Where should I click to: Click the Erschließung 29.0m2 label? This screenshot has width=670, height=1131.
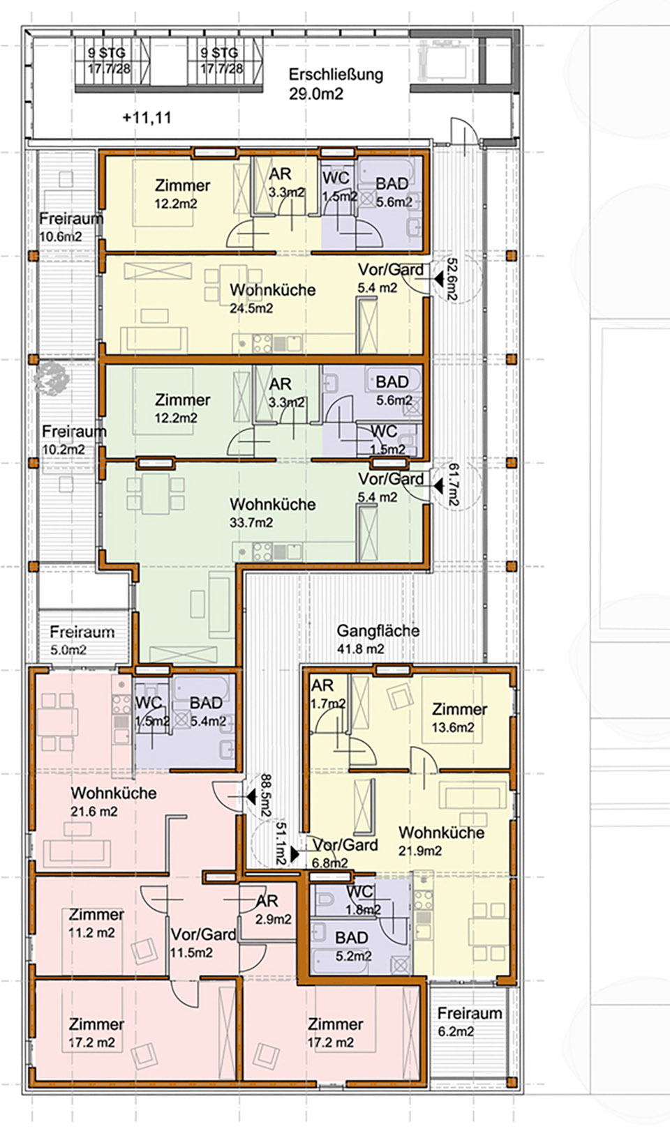[x=336, y=84]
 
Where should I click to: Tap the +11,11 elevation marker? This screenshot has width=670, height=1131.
[x=147, y=118]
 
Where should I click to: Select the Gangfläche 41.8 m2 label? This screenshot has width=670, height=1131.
[x=378, y=639]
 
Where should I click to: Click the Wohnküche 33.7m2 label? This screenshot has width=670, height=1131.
[x=273, y=513]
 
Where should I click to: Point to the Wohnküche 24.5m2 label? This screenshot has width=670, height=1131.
[x=273, y=298]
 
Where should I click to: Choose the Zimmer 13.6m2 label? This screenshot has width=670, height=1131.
[x=459, y=718]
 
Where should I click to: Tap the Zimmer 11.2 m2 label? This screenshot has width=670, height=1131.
[x=96, y=923]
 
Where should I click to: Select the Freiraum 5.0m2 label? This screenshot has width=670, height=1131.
[x=82, y=640]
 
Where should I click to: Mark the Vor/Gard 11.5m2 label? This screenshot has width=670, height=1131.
[x=203, y=943]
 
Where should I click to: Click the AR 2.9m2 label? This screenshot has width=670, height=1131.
[x=273, y=910]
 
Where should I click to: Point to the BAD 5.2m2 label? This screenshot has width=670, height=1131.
[x=353, y=946]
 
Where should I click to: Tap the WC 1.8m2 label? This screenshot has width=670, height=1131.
[x=364, y=900]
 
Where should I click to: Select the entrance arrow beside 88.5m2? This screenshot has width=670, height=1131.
[x=250, y=797]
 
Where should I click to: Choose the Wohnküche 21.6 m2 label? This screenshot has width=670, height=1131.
[x=114, y=802]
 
